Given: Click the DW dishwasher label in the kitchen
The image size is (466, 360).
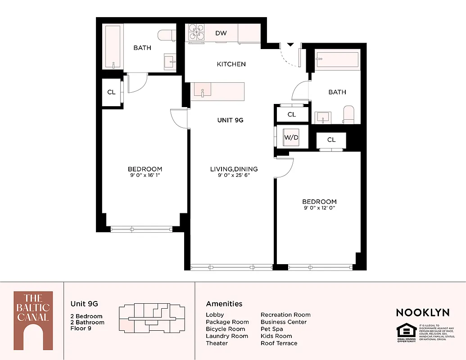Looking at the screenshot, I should point(221,33).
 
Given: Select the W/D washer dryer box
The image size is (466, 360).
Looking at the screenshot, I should point(291,137).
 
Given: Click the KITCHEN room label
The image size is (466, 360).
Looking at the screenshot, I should point(231,64).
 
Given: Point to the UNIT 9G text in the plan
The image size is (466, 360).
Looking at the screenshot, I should point(230,120).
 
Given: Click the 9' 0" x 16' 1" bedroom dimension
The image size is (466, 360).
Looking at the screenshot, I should point(145,176).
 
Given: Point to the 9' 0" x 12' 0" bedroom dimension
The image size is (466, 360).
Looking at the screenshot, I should point(319,208).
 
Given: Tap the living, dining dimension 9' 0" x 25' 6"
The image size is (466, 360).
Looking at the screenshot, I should point(234,175).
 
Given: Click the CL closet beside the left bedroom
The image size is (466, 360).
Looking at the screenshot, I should point(111,92).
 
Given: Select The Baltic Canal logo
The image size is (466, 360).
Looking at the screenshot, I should point(33,320).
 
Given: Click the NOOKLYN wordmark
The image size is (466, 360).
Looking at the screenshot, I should point(422,312).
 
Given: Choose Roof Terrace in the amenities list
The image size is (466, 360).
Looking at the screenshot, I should point(279,343).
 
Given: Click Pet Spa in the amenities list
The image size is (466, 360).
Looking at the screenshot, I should point(271,329).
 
